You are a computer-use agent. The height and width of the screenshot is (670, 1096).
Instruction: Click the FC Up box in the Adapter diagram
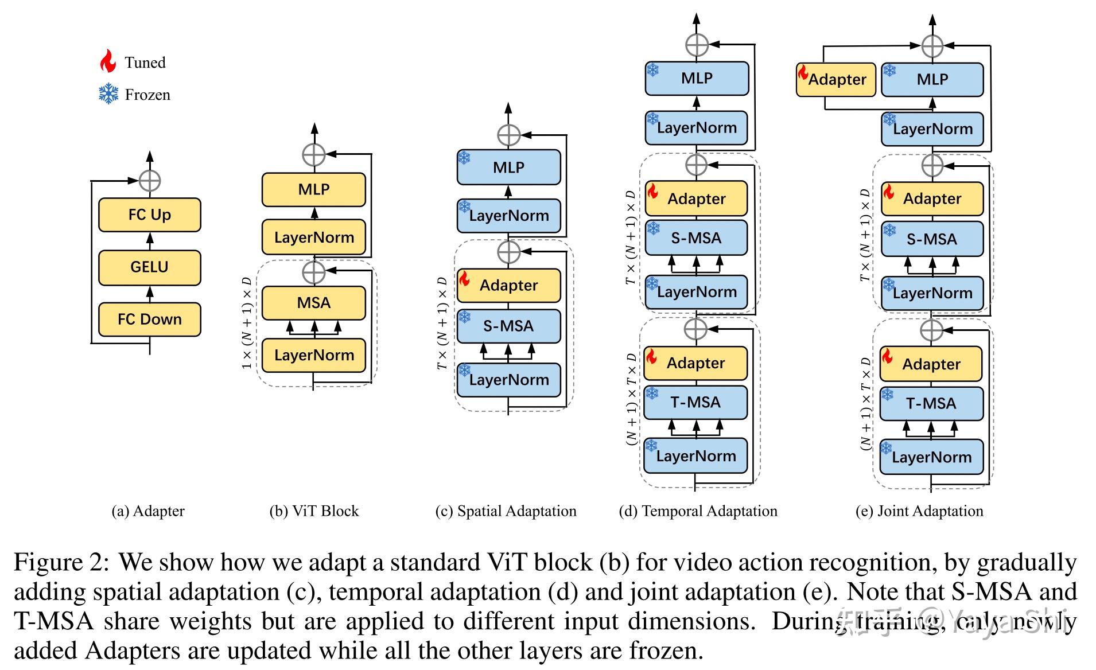149,215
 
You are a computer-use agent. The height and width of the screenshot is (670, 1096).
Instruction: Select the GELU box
149,267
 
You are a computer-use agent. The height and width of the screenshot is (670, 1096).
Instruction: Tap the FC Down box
149,320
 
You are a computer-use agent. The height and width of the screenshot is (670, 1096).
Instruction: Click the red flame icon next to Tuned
108,61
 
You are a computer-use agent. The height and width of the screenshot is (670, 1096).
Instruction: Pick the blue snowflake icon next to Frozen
108,94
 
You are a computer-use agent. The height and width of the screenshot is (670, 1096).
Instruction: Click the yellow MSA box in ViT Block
313,303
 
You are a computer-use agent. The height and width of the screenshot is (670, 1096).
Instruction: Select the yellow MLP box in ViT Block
313,189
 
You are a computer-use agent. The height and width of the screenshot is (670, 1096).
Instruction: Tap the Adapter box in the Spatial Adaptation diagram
508,286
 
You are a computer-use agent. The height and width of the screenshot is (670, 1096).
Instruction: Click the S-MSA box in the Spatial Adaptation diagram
508,326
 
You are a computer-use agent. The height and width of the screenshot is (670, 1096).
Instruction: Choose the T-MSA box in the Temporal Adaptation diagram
695,403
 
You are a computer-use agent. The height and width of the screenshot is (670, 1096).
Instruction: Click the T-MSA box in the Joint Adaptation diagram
931,404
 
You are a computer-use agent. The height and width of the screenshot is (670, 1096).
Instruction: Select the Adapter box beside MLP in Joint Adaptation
836,80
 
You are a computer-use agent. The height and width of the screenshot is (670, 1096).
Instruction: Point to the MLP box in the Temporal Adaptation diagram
697,79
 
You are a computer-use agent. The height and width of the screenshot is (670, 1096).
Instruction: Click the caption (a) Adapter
148,511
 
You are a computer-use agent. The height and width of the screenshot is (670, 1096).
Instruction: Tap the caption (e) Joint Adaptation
919,511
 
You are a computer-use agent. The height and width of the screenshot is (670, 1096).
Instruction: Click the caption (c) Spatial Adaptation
506,511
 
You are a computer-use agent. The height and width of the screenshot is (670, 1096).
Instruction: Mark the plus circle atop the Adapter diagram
150,181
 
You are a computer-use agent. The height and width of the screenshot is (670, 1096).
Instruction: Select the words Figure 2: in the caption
61,562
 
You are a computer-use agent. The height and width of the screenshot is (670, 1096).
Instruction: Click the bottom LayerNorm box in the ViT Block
313,355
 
